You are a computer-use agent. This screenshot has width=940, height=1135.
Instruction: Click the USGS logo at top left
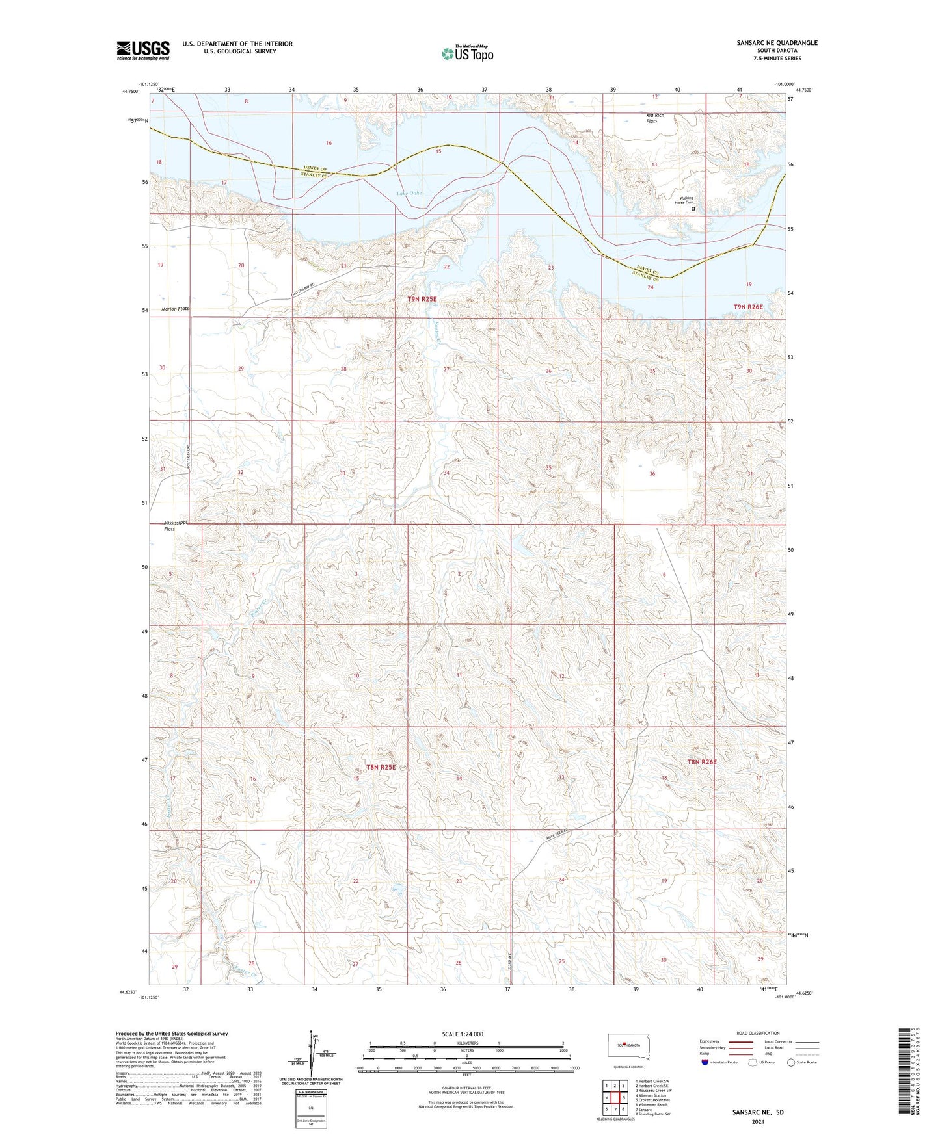(x=143, y=50)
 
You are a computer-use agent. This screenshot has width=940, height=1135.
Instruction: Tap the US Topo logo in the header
(x=466, y=53)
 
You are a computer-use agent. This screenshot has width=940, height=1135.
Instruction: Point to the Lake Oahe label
(x=409, y=193)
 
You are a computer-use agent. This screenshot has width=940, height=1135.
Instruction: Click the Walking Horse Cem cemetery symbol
(x=693, y=209)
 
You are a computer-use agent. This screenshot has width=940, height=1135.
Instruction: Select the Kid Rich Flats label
(x=654, y=118)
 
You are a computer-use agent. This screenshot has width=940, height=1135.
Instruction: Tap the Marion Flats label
(x=175, y=309)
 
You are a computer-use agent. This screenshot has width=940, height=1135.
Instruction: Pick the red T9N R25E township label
(x=422, y=298)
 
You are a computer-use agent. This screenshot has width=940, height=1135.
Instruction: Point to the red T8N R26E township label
(x=702, y=762)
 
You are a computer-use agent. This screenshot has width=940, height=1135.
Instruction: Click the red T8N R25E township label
(x=381, y=767)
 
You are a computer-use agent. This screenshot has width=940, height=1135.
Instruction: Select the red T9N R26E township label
(x=747, y=306)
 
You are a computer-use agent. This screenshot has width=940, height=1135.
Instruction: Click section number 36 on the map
(x=652, y=474)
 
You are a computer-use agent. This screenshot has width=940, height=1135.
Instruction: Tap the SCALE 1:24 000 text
(x=462, y=1034)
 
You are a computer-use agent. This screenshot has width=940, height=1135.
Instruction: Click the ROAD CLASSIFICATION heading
(x=758, y=1033)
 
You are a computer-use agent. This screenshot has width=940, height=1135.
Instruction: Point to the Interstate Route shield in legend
(x=705, y=1062)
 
